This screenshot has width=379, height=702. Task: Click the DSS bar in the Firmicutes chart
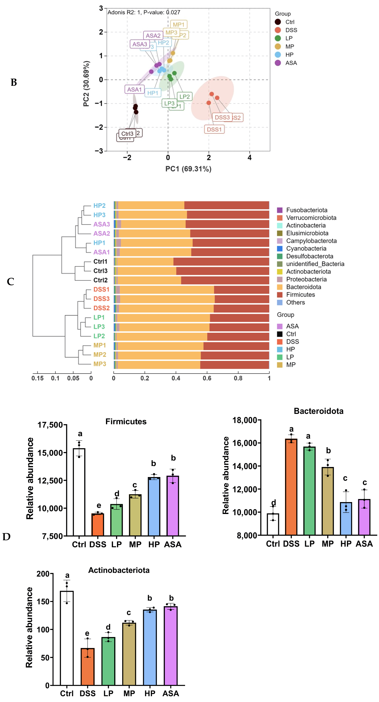(98, 525)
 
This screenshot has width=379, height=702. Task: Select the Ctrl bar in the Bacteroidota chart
(273, 524)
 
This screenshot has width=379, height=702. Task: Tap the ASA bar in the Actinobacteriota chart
(170, 646)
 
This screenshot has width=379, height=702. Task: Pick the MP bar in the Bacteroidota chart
(328, 501)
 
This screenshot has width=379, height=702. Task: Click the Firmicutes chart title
(126, 422)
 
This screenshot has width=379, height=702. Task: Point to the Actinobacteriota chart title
(119, 570)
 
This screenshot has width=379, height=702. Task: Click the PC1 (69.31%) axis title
(188, 169)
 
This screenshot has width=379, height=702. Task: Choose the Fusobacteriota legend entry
(306, 210)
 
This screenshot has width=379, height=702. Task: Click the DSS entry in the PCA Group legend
(291, 30)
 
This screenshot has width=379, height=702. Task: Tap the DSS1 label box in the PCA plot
(214, 129)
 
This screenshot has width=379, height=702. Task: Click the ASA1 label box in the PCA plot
(134, 89)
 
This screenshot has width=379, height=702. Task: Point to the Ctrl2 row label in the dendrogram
(100, 280)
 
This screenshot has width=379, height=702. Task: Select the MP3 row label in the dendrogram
(100, 364)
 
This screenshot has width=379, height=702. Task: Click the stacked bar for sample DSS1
(191, 290)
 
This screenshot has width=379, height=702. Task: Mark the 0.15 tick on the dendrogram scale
(37, 378)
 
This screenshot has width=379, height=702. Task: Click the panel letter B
(14, 82)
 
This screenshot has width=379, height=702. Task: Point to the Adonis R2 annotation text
(144, 12)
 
